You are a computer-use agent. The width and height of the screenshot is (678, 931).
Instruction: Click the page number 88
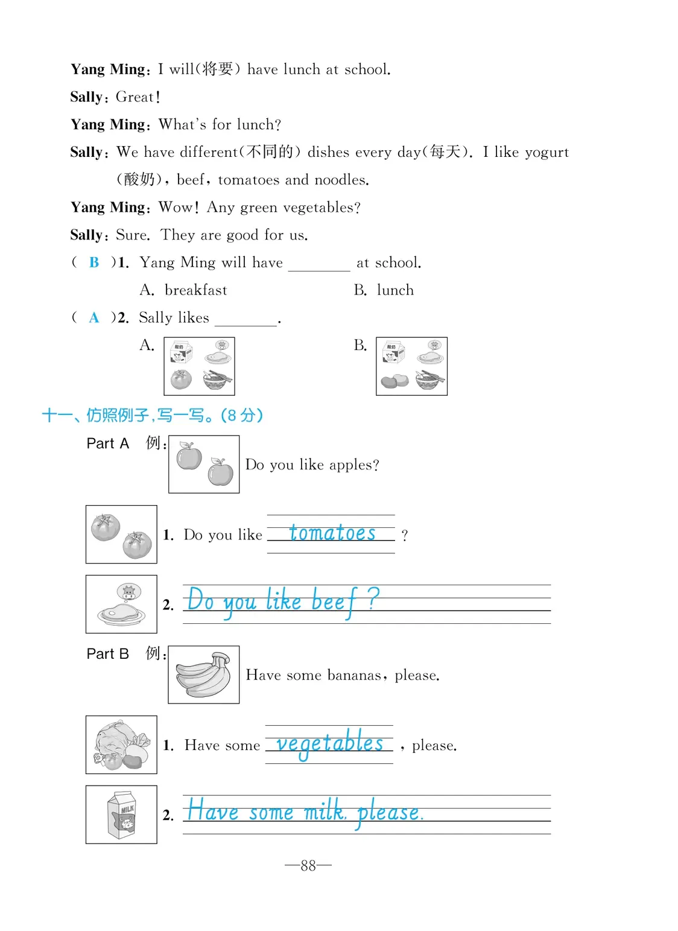[308, 866]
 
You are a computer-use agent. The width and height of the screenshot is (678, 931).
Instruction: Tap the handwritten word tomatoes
[332, 533]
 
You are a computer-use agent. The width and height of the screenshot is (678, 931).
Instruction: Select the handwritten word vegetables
[329, 743]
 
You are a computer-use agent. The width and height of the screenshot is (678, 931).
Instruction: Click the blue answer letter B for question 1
[94, 262]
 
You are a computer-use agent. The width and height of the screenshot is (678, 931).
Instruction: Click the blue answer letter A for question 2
[94, 318]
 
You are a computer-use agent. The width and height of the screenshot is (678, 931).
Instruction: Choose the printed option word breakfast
[196, 290]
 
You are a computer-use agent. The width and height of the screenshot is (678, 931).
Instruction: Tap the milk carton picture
[121, 815]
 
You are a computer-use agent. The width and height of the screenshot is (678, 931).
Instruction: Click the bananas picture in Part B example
[204, 675]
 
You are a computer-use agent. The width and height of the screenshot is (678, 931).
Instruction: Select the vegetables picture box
[121, 745]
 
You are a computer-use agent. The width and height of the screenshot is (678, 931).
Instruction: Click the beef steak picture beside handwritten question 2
[121, 604]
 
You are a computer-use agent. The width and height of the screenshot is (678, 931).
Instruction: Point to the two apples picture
[204, 464]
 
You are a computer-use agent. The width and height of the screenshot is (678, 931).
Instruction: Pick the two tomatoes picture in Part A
[121, 534]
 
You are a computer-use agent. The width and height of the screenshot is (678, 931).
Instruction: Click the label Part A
[108, 443]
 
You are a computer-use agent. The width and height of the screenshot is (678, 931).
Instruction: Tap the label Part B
[108, 654]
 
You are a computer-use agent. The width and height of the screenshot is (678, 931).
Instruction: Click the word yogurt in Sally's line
[547, 152]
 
